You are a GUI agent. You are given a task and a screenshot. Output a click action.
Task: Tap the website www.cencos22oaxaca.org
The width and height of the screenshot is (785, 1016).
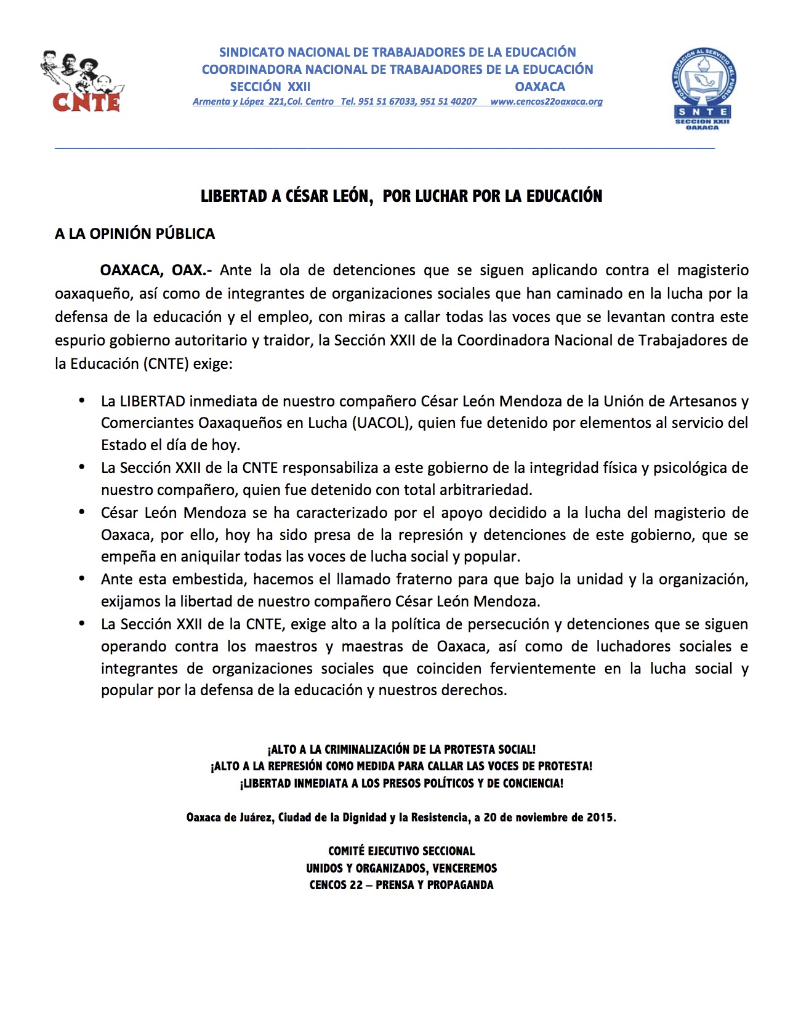tap(546, 102)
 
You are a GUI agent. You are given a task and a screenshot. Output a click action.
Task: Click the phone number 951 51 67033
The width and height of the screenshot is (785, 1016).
tap(387, 102)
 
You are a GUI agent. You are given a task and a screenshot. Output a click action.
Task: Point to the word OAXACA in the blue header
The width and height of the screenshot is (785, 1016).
tap(540, 87)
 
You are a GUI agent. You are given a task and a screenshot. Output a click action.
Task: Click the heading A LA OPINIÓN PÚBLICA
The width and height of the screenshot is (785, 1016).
tap(135, 234)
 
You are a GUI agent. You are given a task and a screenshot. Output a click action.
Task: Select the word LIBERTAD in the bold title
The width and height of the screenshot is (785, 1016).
tap(234, 196)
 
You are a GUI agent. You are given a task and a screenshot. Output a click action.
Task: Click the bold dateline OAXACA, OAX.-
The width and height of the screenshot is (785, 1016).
tap(156, 270)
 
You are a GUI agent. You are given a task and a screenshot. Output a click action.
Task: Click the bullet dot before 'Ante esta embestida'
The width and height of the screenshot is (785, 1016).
tap(81, 579)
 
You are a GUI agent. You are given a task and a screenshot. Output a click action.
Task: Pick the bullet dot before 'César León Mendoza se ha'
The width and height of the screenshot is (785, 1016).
tap(81, 512)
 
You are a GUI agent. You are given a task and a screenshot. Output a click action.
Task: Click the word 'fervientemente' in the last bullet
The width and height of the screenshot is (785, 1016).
tap(542, 669)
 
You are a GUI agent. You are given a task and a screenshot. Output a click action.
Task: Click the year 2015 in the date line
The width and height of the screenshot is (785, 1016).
tap(600, 818)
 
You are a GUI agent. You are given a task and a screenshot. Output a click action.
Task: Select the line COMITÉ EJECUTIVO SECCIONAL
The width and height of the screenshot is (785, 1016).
tap(401, 852)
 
